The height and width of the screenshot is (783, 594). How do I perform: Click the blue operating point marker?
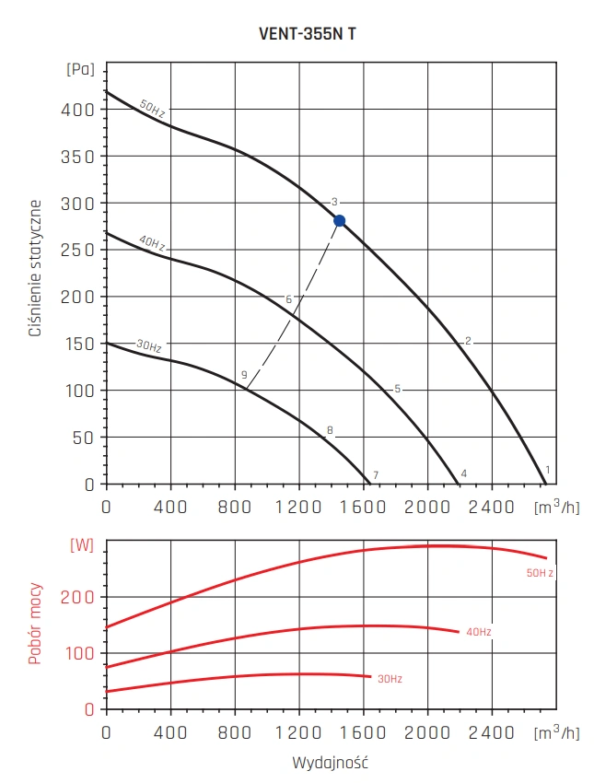(339, 220)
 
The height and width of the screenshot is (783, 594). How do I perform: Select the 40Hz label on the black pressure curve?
(152, 244)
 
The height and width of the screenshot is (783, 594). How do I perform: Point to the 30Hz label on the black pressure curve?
(148, 346)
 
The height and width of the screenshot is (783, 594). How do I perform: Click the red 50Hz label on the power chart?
(540, 573)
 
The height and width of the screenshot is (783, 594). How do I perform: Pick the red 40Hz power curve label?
(479, 632)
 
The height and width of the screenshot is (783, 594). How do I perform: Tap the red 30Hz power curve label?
(389, 678)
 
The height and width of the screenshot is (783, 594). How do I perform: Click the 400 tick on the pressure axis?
(81, 109)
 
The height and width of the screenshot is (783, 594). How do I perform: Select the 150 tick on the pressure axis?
(81, 344)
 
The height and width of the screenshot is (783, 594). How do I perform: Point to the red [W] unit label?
(82, 544)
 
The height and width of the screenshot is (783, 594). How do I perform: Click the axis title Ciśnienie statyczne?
(36, 267)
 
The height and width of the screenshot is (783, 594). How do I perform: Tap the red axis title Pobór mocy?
(36, 623)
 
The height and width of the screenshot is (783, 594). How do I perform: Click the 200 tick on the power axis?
(81, 597)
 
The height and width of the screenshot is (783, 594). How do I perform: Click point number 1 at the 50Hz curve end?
(548, 470)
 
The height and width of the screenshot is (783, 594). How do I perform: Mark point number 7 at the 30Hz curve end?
(376, 474)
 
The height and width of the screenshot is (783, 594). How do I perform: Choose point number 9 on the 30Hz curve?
(244, 375)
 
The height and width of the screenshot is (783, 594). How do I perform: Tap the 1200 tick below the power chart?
(298, 733)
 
